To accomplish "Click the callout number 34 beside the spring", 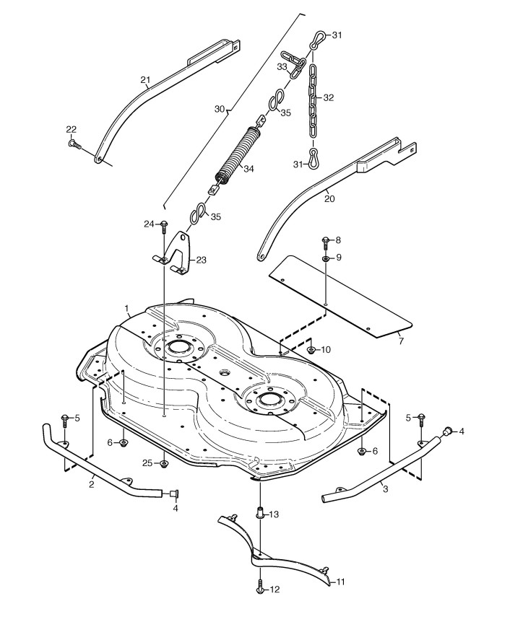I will coord(249,170).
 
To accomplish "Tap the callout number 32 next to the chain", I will coord(329,97).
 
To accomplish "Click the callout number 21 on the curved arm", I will coord(144,79).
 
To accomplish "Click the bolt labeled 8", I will coord(325,241).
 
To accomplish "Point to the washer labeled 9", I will coord(325,258).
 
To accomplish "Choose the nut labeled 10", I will coord(311,350).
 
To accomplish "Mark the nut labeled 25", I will coord(165,463).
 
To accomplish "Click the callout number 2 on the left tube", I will coord(92,484).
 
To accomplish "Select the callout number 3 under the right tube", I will coord(384,489).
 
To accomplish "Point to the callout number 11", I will coord(341,581).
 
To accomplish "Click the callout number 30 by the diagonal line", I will coord(220,109).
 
